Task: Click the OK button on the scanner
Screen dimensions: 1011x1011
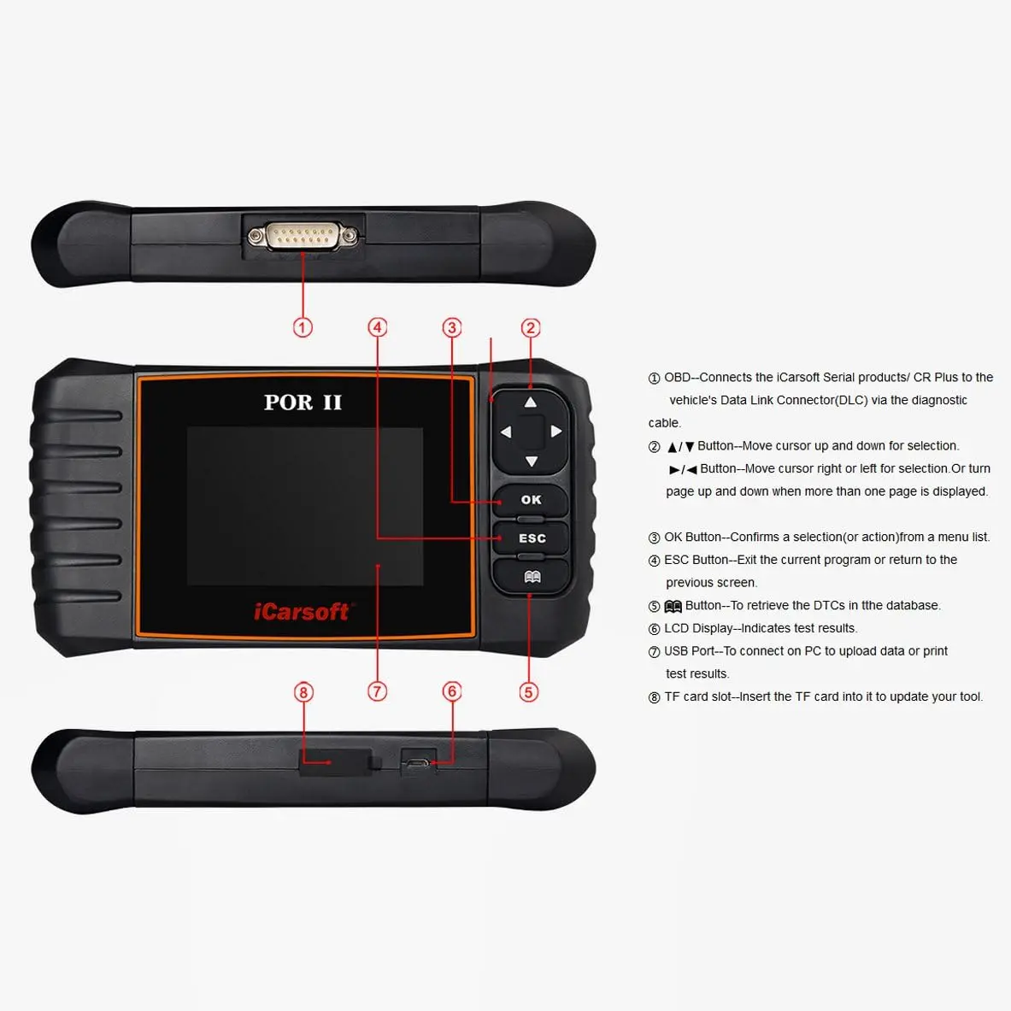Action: [x=531, y=500]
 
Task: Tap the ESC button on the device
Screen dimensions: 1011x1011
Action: [x=532, y=538]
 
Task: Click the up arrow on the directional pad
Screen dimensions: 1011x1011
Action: [x=531, y=403]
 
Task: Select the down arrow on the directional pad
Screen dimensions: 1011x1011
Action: [x=531, y=461]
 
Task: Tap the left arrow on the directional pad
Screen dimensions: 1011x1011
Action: [x=505, y=432]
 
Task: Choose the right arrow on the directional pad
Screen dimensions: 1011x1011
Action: [x=556, y=432]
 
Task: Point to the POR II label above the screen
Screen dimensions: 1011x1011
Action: [x=303, y=403]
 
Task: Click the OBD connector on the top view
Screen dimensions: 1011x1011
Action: [x=303, y=236]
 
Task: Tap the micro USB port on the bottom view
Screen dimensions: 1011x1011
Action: [x=418, y=763]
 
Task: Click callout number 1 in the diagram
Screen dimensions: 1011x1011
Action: [x=303, y=327]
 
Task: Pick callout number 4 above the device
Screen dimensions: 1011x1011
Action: [x=378, y=327]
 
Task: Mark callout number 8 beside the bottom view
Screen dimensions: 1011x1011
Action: [x=303, y=692]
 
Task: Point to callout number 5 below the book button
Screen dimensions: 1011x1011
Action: [x=529, y=692]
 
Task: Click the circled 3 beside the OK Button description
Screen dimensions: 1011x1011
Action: [x=655, y=538]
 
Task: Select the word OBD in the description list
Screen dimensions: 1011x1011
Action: [x=678, y=378]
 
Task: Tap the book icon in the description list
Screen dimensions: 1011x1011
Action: [x=673, y=607]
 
